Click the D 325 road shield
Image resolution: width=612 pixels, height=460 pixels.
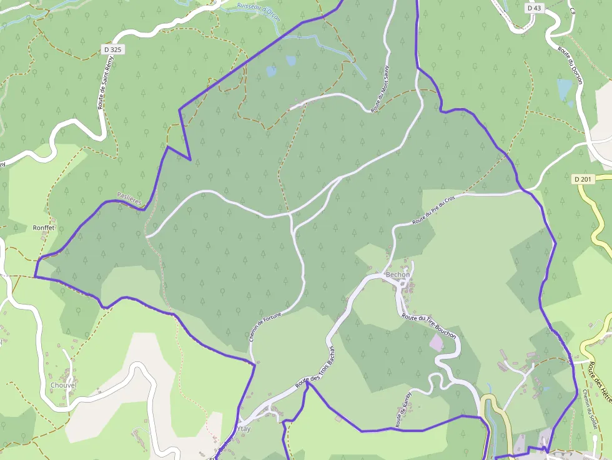tap(112, 48)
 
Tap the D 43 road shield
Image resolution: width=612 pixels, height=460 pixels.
tap(534, 8)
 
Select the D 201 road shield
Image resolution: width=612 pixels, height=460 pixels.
tap(581, 180)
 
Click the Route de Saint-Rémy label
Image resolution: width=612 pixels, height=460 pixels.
tap(104, 82)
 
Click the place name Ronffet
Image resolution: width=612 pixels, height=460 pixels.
tap(44, 228)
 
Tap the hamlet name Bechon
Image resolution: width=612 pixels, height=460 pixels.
tap(398, 275)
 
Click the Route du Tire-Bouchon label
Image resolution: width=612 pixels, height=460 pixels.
tap(429, 326)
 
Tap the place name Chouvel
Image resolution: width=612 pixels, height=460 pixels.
tap(62, 385)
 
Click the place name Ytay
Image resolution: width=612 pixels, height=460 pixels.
tap(245, 429)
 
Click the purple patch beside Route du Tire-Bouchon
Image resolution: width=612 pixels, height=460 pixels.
tap(436, 342)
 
